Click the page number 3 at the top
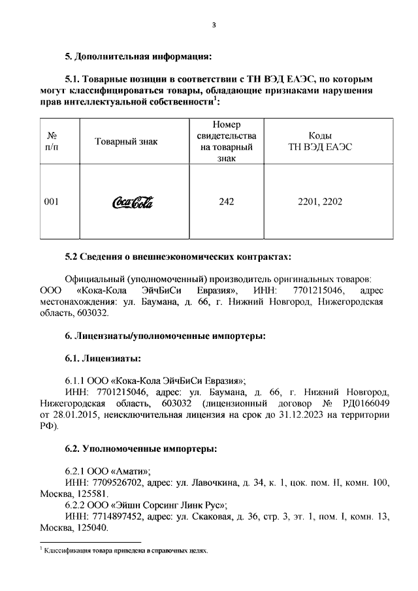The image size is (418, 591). point(214,25)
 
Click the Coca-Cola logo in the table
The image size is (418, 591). point(133,202)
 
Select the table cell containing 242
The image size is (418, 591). point(227,202)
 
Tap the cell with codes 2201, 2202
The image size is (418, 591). point(319,202)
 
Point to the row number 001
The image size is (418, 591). point(51,202)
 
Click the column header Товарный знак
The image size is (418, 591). point(126,142)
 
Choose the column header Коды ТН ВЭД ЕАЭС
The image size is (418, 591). point(319,142)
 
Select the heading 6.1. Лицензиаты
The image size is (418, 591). point(103,359)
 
